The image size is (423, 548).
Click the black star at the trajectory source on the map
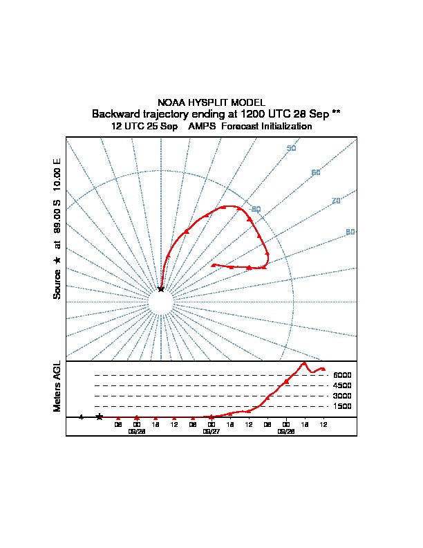click(161, 289)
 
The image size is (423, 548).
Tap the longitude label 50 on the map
click(291, 149)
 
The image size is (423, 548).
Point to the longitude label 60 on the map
click(316, 172)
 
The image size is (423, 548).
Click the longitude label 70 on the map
click(337, 201)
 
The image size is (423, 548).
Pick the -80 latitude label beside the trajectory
click(256, 210)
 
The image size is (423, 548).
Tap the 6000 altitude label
click(342, 375)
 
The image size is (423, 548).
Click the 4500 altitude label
click(342, 385)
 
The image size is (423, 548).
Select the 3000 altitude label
click(342, 396)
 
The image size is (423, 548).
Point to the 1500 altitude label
click(342, 406)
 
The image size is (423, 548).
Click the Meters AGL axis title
click(57, 387)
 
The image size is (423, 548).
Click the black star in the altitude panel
click(100, 417)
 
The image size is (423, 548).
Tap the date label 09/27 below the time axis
click(211, 430)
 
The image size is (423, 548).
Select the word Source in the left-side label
click(57, 284)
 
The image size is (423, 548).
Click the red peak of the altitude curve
click(304, 363)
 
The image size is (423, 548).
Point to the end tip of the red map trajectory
click(212, 265)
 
